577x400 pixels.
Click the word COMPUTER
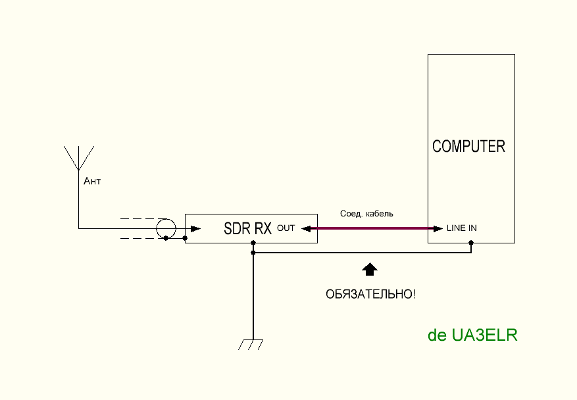[x=468, y=146]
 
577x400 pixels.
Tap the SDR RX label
[x=247, y=229]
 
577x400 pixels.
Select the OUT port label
[x=286, y=229]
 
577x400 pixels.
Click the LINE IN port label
[x=462, y=229]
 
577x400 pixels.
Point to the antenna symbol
[x=78, y=158]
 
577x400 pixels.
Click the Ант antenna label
[x=92, y=181]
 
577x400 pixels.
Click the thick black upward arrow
[x=370, y=268]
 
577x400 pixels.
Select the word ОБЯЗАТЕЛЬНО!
[x=370, y=294]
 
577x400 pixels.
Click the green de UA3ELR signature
[x=472, y=335]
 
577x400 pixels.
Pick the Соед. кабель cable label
[x=366, y=214]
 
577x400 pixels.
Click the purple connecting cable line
[x=372, y=229]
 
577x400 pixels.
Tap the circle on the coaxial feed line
[x=166, y=228]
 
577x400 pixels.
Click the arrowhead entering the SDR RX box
[x=195, y=229]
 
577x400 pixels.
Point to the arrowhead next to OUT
[x=305, y=229]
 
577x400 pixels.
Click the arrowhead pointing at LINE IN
[x=438, y=229]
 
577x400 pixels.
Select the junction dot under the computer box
[x=472, y=243]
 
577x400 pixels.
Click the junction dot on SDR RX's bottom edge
[x=253, y=243]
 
